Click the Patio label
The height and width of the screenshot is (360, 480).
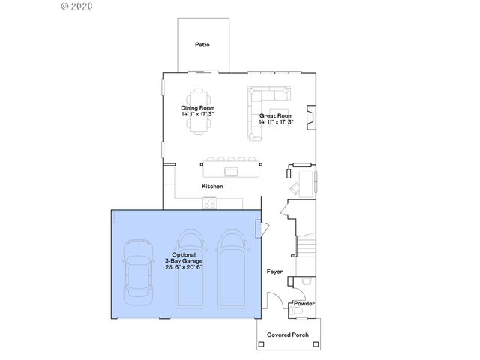click(202, 45)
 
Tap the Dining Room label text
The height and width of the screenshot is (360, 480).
click(197, 108)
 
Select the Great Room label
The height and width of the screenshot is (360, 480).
click(275, 116)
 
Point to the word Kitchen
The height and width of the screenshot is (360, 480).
click(212, 186)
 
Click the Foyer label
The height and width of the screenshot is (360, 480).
click(275, 271)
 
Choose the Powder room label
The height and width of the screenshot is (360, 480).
click(304, 303)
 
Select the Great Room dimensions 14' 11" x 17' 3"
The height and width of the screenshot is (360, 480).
click(276, 122)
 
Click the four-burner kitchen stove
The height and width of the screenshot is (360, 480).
click(210, 202)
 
